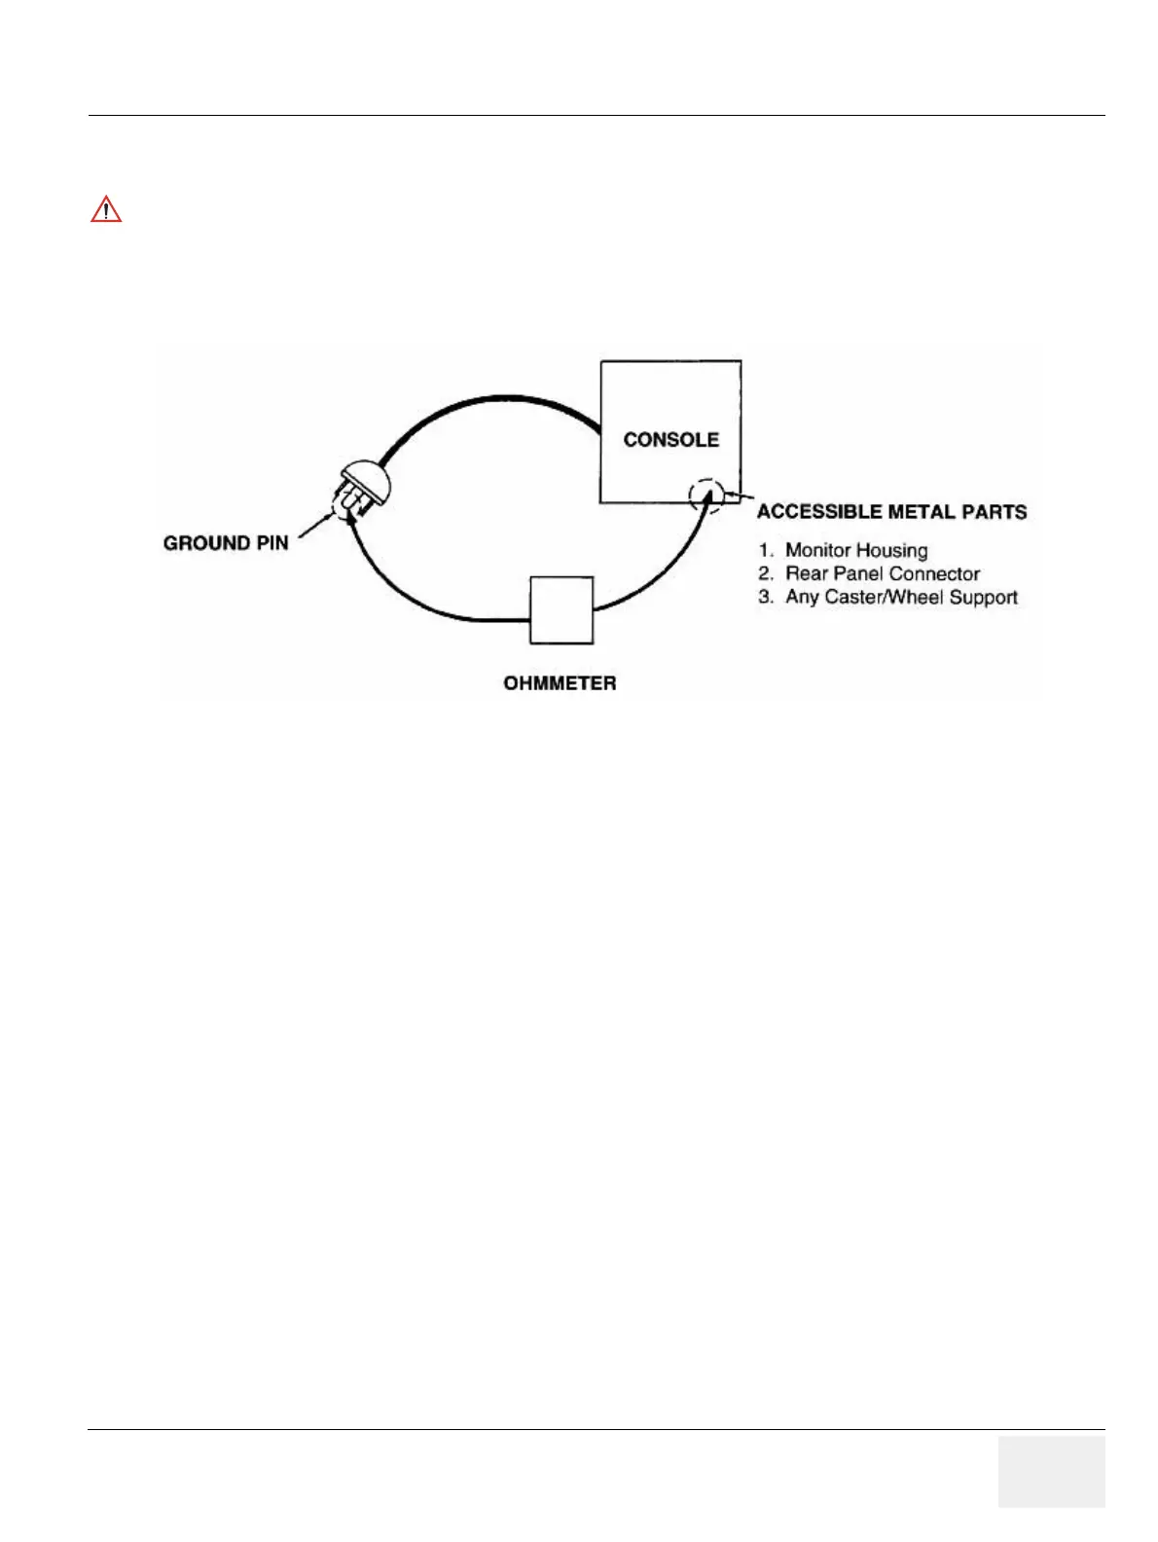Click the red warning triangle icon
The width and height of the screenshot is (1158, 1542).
(x=106, y=209)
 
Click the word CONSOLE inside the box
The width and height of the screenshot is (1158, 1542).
(x=670, y=440)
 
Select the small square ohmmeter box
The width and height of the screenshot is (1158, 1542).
(x=561, y=610)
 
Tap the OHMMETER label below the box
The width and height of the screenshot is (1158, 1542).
(x=560, y=683)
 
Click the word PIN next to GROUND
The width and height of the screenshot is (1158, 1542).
(x=271, y=543)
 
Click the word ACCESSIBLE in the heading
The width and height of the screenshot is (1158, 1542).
(x=821, y=512)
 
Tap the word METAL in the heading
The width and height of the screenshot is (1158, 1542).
(x=925, y=512)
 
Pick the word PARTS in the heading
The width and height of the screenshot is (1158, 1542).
(x=995, y=512)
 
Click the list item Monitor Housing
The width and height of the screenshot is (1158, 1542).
(x=856, y=551)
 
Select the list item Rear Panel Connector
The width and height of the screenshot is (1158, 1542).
(x=882, y=574)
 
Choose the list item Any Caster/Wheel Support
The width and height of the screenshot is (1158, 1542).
(x=901, y=598)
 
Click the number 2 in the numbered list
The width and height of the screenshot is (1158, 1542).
(x=765, y=574)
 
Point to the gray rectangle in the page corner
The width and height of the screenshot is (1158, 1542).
(x=1051, y=1471)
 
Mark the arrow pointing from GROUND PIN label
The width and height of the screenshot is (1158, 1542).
(x=316, y=526)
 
